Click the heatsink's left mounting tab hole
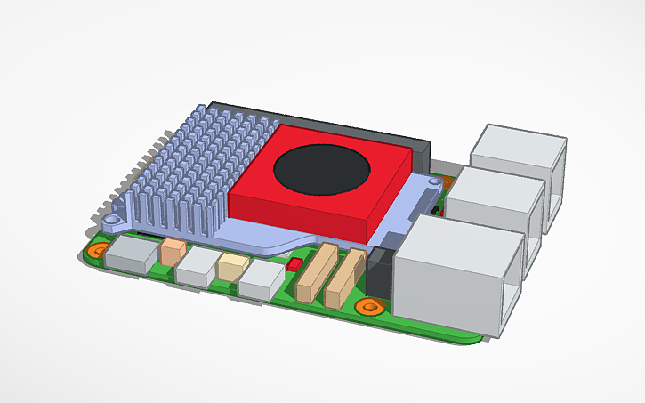tap(111, 217)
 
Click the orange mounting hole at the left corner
tap(101, 249)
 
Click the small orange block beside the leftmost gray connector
tap(173, 251)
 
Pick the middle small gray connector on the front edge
tap(197, 266)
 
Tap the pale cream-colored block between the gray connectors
tap(233, 266)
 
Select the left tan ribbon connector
tap(316, 273)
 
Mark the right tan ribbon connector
tap(345, 279)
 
